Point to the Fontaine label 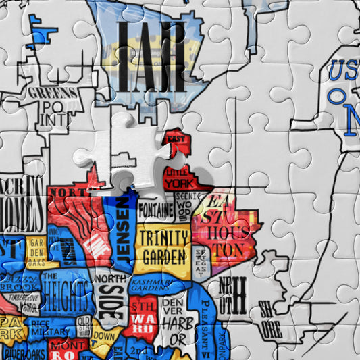pyautogui.click(x=156, y=210)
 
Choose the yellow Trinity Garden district pyautogui.click(x=163, y=247)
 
